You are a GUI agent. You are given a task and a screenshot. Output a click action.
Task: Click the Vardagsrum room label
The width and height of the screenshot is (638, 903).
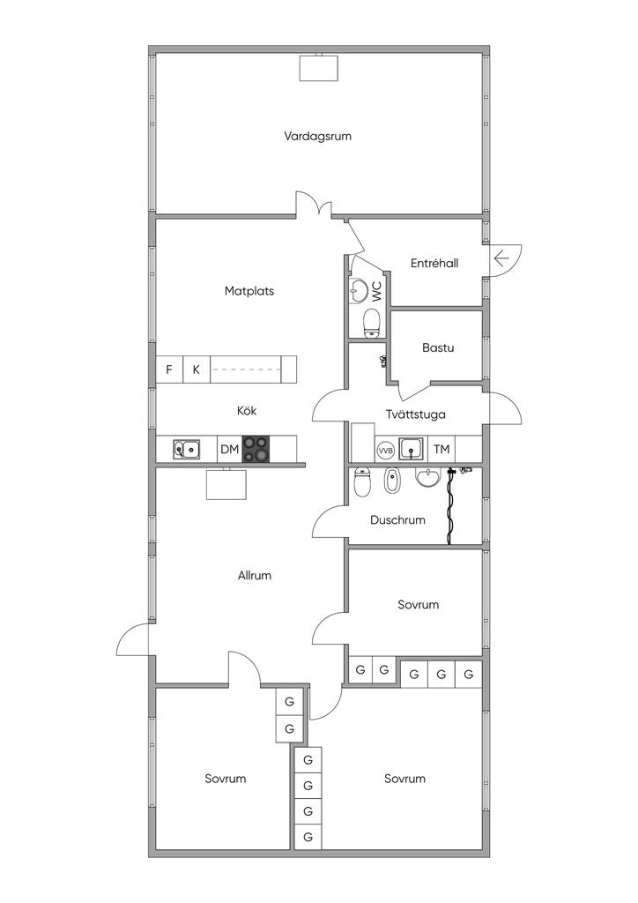click(x=317, y=137)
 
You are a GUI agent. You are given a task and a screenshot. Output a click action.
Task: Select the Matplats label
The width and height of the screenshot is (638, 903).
click(x=249, y=291)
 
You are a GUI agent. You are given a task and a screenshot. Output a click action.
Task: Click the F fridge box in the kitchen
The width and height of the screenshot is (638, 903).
click(x=169, y=369)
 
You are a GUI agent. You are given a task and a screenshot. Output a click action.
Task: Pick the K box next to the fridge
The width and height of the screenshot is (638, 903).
click(x=197, y=369)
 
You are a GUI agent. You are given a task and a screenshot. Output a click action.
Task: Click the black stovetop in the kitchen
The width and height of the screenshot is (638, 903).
click(x=256, y=449)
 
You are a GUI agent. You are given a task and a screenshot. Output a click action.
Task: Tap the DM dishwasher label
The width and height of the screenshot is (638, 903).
click(x=229, y=449)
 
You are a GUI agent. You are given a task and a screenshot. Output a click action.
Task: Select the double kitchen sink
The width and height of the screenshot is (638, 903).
click(x=187, y=449)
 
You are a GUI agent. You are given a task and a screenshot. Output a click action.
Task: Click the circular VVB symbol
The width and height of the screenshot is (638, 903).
click(x=385, y=451)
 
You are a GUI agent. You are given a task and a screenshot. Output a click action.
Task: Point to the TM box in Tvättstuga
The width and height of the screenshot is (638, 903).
click(x=441, y=449)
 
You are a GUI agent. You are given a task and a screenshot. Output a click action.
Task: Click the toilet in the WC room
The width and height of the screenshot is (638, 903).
click(x=372, y=323)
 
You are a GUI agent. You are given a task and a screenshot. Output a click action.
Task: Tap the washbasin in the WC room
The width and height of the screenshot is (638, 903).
click(x=359, y=290)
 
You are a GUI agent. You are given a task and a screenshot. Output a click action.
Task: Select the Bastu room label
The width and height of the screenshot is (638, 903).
click(x=438, y=347)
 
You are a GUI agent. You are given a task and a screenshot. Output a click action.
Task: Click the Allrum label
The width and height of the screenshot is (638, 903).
click(x=255, y=575)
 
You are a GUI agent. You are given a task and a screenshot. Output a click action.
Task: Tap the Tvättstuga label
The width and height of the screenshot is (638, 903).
click(x=415, y=414)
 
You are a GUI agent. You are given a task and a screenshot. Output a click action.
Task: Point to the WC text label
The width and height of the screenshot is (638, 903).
click(x=377, y=291)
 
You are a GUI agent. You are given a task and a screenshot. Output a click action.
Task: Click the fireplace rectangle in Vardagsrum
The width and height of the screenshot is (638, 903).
click(x=318, y=67)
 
